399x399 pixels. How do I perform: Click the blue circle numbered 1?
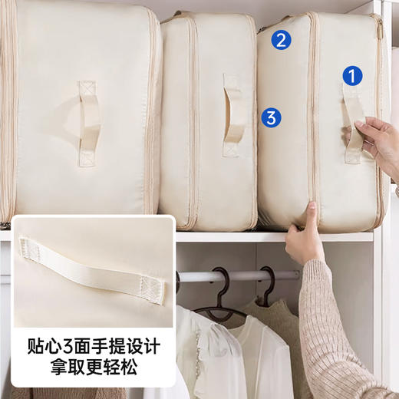(x=351, y=75)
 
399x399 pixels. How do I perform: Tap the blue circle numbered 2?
(x=281, y=40)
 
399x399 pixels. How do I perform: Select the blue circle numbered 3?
(x=271, y=117)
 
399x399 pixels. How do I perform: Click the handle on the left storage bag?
(x=87, y=124)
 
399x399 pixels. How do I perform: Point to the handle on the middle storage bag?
(x=234, y=114)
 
